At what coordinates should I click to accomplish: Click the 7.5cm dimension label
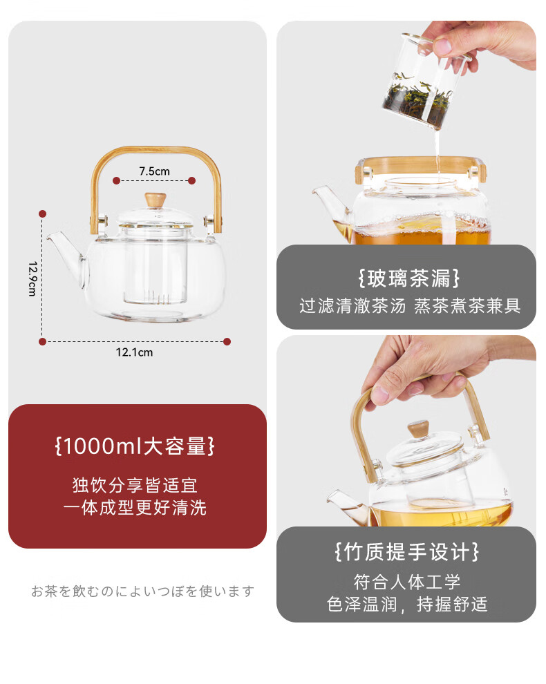[155, 171]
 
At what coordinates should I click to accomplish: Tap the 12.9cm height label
[32, 278]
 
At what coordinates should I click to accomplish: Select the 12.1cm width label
[135, 352]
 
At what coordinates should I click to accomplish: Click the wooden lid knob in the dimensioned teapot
[156, 200]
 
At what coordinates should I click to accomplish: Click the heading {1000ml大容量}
[135, 446]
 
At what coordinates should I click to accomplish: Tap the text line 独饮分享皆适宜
[135, 485]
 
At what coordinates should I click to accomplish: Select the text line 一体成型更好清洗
[135, 507]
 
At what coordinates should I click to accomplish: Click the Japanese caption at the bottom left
[142, 591]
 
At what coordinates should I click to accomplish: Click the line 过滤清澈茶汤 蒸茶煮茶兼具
[410, 306]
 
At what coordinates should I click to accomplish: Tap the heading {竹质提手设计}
[407, 552]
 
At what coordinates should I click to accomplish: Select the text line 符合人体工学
[407, 582]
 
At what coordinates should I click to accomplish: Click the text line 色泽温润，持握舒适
[407, 604]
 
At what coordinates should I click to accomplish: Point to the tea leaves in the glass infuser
[418, 98]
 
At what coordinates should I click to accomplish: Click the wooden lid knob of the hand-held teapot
[418, 429]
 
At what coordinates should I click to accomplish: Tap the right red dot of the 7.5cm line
[192, 180]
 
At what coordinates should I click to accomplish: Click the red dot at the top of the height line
[42, 213]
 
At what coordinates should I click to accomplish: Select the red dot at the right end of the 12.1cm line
[227, 341]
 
